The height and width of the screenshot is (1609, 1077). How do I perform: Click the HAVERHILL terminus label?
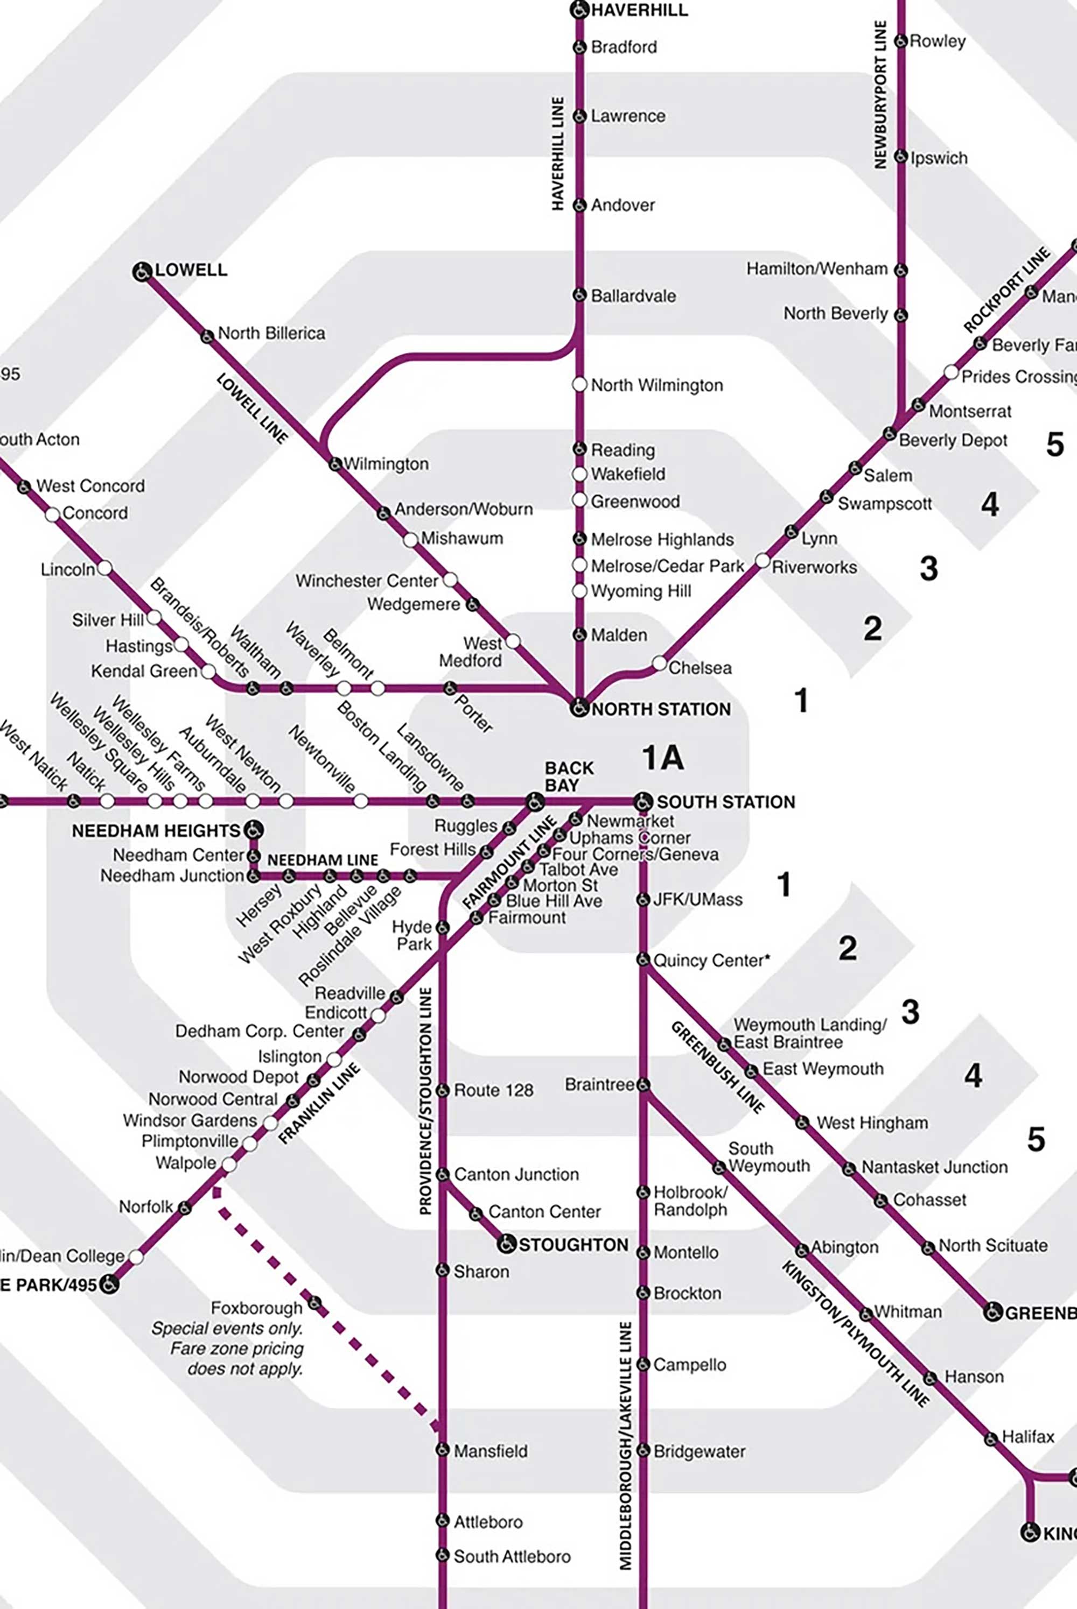(639, 10)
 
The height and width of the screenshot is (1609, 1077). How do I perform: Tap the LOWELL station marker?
(142, 271)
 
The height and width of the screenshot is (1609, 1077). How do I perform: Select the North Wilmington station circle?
(580, 384)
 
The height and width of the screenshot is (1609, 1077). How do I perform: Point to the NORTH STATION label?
(661, 709)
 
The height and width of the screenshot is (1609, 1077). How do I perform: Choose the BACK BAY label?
(569, 777)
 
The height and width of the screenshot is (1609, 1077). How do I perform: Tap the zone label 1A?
(663, 757)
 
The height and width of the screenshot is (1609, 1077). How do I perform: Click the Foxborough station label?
(256, 1308)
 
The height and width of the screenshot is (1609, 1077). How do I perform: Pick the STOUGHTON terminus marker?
(506, 1243)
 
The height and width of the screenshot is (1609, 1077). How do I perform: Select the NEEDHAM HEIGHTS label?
(156, 830)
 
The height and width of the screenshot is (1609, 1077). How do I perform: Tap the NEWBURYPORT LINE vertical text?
(880, 94)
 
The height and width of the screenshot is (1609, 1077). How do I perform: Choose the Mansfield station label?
(491, 1450)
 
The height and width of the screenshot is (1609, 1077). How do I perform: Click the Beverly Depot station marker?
(890, 434)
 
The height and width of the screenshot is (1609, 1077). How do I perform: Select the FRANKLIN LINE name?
(319, 1104)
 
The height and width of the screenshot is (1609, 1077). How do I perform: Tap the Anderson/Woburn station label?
(463, 509)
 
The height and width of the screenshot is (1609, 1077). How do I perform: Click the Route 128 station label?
(493, 1090)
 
